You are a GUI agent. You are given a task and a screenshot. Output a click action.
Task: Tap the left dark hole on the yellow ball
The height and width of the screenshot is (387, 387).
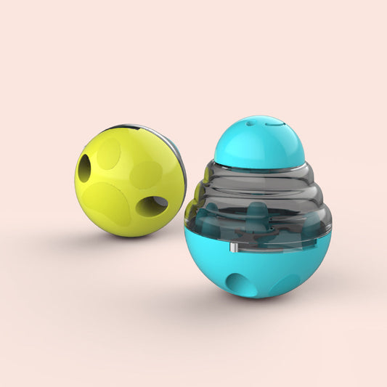(84, 169)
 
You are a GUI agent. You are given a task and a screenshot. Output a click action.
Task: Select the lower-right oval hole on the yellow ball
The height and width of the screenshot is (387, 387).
(151, 206)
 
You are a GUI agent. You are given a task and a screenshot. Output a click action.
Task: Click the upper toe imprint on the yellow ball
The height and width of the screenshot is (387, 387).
(109, 153)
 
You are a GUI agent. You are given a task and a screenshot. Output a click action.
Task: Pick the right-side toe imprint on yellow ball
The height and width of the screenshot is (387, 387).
(146, 172)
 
